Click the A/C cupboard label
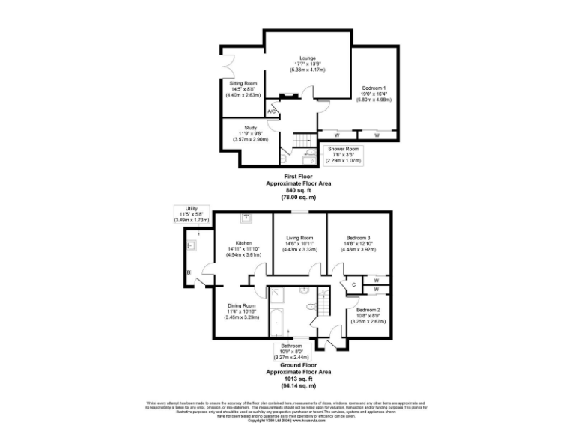(x=273, y=112)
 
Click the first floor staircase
(x=302, y=141)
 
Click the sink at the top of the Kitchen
(x=246, y=218)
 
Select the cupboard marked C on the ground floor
(x=353, y=284)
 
